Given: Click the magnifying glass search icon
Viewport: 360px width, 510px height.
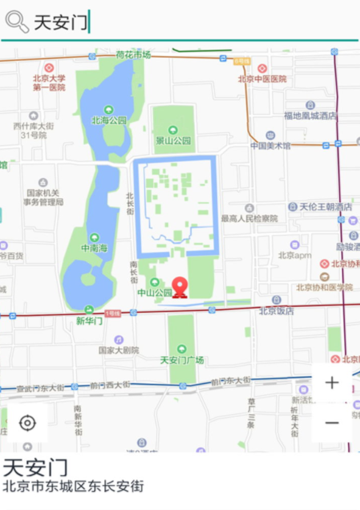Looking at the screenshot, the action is [16, 22].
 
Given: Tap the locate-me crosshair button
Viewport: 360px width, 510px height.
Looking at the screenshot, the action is [27, 423].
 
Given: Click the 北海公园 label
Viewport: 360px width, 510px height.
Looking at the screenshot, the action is [109, 121].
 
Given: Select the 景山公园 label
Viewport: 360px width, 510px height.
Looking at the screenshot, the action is [173, 141].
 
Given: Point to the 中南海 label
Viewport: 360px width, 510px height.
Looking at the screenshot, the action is [94, 248].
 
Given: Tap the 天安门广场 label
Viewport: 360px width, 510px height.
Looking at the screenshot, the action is [182, 360].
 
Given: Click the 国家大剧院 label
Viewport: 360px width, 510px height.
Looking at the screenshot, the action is [119, 350].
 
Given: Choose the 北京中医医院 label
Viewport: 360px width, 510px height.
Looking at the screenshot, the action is [262, 79].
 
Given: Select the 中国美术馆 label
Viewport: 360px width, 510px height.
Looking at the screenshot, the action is [270, 145].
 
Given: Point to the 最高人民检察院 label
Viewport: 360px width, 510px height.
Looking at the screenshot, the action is [249, 218].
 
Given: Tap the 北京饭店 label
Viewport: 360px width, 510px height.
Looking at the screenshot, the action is [277, 310].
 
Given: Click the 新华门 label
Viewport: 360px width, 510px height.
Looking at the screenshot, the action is [89, 320].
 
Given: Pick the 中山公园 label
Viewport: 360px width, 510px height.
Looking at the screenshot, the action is [154, 292].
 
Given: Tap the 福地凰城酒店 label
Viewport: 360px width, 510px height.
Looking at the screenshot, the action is [310, 115].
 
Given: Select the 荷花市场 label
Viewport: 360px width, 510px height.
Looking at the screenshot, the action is [133, 55].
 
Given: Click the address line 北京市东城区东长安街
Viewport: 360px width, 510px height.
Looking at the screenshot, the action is [73, 486].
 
